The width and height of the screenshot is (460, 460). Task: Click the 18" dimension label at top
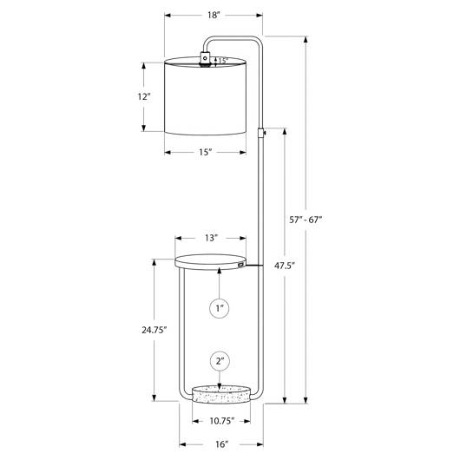point(214,15)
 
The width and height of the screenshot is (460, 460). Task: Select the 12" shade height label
point(144,96)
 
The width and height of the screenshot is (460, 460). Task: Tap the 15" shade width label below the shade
point(206,152)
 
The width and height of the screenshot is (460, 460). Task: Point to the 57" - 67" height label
point(306,220)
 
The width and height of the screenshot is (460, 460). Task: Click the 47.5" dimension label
point(285,266)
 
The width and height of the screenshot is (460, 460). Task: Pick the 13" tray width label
point(211,238)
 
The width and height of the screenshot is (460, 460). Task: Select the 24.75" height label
point(154,330)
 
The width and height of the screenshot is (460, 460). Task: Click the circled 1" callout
point(220,308)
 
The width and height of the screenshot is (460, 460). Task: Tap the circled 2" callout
point(220,361)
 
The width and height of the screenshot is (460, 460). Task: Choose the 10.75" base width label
point(222,421)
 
